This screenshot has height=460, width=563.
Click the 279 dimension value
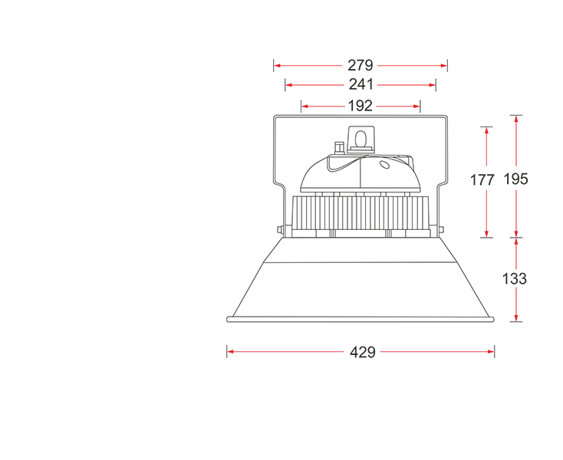(361, 65)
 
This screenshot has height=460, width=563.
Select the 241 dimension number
(361, 84)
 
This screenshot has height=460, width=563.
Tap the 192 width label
(361, 106)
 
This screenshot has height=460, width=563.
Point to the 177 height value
(482, 179)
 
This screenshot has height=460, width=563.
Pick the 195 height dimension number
(516, 179)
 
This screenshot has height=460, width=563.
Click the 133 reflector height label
(514, 279)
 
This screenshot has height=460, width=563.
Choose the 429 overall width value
(363, 352)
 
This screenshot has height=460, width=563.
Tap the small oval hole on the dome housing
(384, 164)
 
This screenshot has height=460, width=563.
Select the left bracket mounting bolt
(280, 230)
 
